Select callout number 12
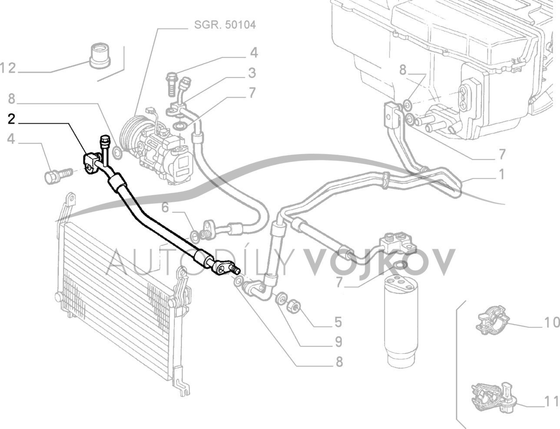tap(8, 68)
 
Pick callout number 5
tap(338, 322)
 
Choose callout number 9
tap(338, 342)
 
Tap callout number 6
tap(165, 207)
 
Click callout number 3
tap(252, 73)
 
